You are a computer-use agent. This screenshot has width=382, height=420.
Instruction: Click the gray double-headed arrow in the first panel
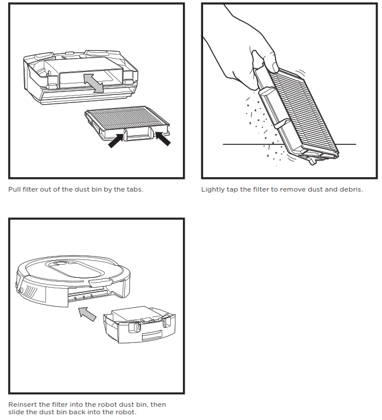94,83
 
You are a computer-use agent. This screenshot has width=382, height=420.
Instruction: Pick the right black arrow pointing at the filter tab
162,138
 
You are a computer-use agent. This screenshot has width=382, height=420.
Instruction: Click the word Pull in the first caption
14,189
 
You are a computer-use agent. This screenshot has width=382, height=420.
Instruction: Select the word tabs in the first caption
132,189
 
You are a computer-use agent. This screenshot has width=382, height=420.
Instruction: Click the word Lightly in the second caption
212,189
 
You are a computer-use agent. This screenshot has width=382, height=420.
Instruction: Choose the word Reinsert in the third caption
22,404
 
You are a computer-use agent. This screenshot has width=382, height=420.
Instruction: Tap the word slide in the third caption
16,412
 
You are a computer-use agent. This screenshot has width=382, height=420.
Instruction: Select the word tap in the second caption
232,189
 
